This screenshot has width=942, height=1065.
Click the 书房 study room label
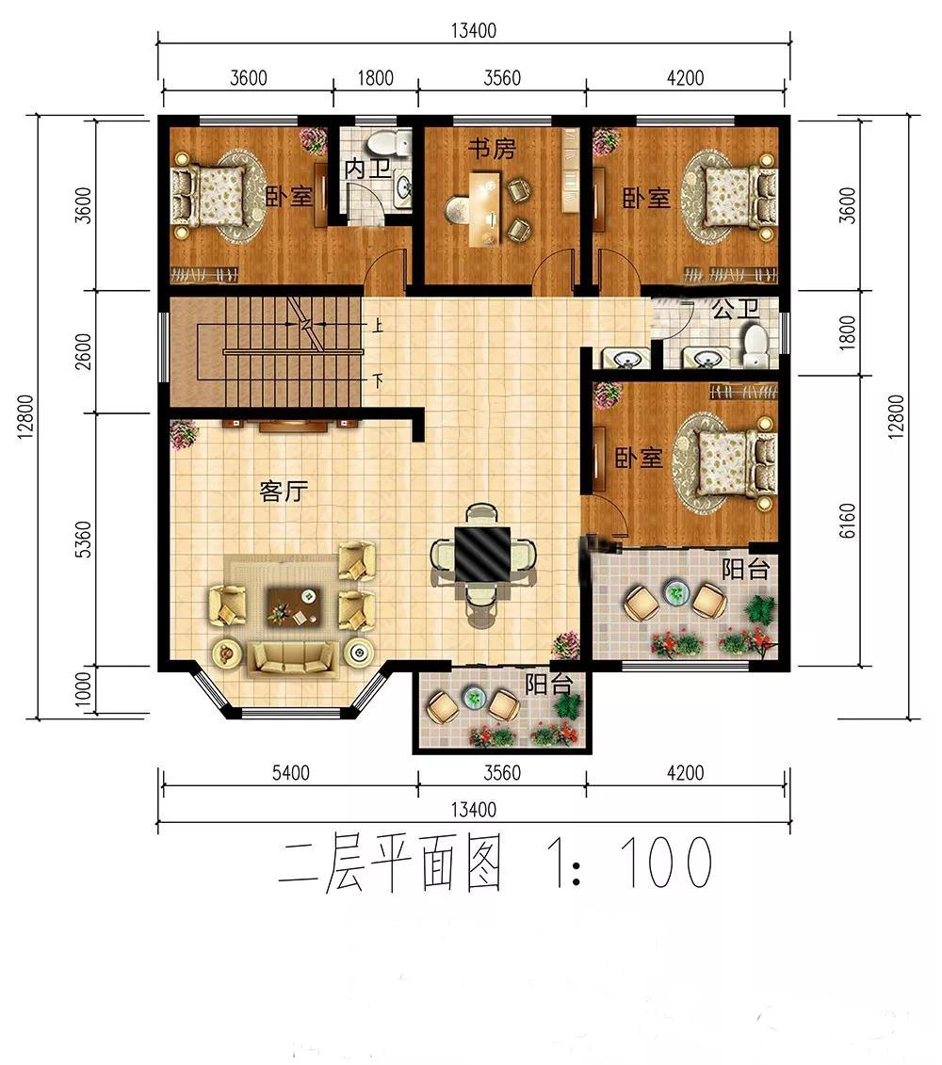(492, 149)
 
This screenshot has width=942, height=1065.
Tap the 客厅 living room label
(284, 491)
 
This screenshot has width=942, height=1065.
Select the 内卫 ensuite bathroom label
(367, 169)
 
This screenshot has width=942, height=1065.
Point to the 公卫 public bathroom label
(736, 309)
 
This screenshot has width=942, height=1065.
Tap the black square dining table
(482, 553)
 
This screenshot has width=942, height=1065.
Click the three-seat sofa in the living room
(293, 658)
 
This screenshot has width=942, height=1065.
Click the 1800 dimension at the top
(375, 78)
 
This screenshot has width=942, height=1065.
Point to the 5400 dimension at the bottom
(291, 772)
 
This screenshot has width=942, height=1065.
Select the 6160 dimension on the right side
(848, 522)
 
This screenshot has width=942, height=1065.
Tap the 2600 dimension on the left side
(82, 351)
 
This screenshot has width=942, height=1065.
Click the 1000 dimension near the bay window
(82, 689)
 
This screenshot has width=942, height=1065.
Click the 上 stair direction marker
(377, 326)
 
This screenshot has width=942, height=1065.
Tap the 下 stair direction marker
(377, 380)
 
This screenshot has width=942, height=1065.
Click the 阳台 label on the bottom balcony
(549, 685)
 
